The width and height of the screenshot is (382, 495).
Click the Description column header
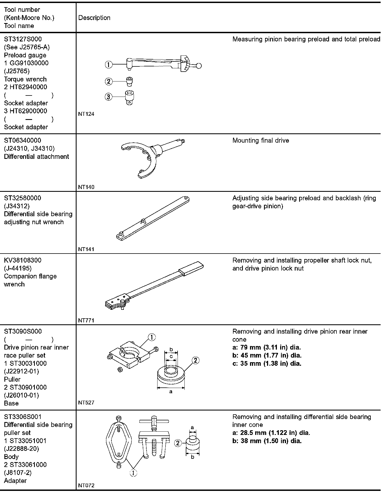coord(94,18)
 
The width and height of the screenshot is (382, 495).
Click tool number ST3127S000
coord(23,39)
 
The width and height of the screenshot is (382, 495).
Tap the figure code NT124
coord(86,114)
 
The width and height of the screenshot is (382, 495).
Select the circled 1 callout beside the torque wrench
coord(109,65)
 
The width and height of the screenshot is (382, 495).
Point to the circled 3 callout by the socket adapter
coord(109,97)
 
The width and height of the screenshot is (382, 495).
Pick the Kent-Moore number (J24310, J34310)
coord(29,148)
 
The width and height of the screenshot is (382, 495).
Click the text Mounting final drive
coord(260,140)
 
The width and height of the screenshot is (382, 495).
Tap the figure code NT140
coord(86,187)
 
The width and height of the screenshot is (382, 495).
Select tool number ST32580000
coord(23,198)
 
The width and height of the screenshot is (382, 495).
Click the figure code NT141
coord(86,249)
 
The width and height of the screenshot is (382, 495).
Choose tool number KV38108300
coord(23,260)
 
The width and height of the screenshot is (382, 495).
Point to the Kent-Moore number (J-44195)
coord(18,268)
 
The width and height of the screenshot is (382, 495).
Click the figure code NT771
coord(86,320)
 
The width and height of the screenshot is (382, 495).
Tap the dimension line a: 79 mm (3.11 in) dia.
coord(266,347)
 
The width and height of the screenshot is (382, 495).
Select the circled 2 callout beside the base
coord(195,360)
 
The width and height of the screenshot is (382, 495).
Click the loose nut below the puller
coord(120,369)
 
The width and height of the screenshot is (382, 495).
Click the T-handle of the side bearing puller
coord(154,421)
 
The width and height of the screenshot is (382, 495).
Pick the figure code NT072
coord(86,485)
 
